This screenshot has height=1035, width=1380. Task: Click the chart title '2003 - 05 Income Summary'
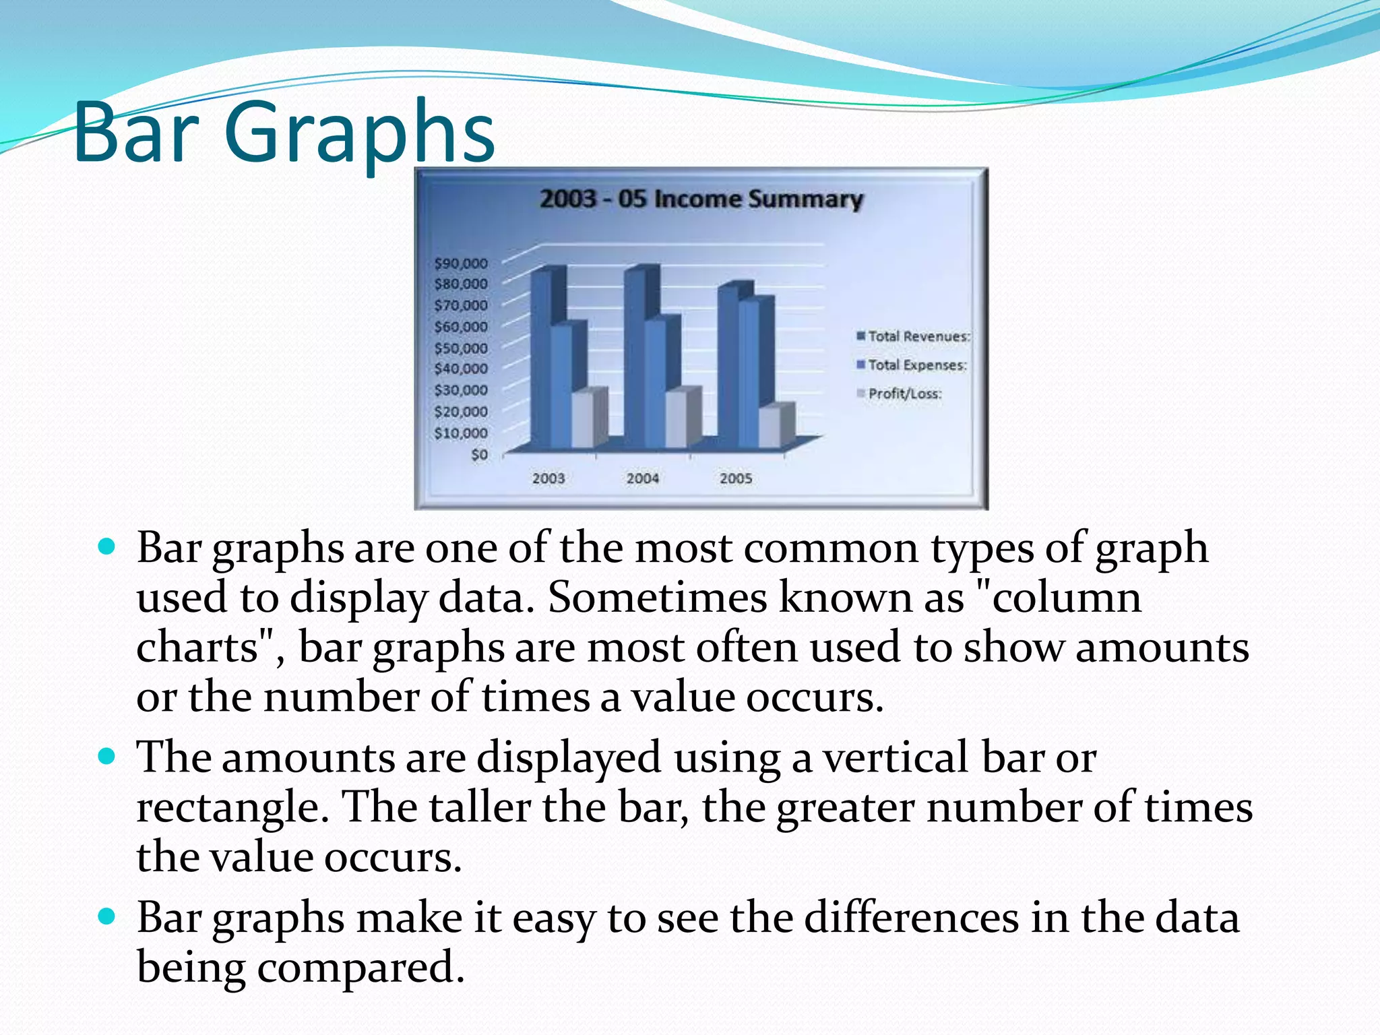tap(701, 199)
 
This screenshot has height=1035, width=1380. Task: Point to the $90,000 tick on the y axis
tap(461, 263)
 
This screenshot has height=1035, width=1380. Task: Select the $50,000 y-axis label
tap(461, 348)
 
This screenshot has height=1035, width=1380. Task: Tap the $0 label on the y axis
tap(479, 455)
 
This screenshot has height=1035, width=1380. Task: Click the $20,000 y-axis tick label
tap(461, 412)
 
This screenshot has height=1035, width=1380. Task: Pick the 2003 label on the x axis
tap(548, 478)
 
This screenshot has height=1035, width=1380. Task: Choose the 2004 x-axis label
tap(642, 478)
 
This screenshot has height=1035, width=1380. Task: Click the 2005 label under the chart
tap(736, 478)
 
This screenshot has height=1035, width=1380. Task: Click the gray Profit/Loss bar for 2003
tap(584, 420)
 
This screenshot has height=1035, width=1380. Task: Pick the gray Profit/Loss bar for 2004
tap(677, 420)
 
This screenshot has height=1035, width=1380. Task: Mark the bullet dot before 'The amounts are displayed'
tap(107, 756)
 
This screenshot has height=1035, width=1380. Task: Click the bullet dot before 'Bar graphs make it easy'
tap(107, 916)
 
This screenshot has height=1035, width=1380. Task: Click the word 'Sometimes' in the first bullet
tap(657, 598)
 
